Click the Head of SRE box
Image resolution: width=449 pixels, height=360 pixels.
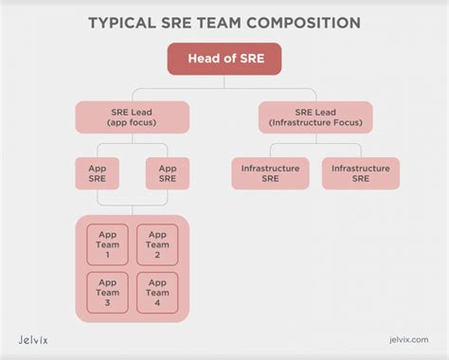click(224, 60)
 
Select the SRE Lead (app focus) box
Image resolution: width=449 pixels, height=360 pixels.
click(133, 117)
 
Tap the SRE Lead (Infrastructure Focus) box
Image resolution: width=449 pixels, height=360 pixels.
click(316, 117)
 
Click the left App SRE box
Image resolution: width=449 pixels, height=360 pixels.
click(98, 173)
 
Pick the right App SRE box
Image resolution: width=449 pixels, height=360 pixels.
click(168, 173)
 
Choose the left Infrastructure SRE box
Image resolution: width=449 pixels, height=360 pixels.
click(270, 173)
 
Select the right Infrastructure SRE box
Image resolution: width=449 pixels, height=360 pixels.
click(360, 173)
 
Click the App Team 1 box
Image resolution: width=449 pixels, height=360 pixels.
click(107, 243)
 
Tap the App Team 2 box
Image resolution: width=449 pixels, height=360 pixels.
click(157, 243)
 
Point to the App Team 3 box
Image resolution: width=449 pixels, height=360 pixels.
click(107, 291)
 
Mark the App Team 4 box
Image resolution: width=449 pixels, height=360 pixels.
click(157, 291)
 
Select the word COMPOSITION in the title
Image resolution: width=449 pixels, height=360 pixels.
click(306, 21)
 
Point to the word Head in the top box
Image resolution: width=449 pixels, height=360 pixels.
click(206, 60)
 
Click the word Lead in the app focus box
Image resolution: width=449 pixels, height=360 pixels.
click(143, 112)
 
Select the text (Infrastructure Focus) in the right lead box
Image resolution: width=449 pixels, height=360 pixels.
click(316, 123)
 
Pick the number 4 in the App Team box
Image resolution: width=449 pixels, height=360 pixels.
click(157, 303)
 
